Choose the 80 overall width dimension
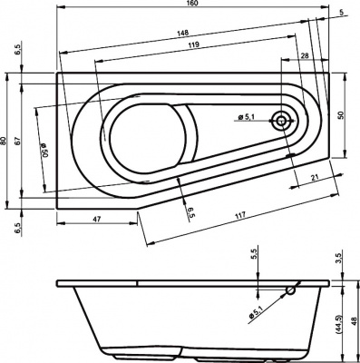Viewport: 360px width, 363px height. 5,141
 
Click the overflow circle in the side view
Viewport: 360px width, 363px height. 290,291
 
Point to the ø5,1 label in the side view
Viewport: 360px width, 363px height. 258,312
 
